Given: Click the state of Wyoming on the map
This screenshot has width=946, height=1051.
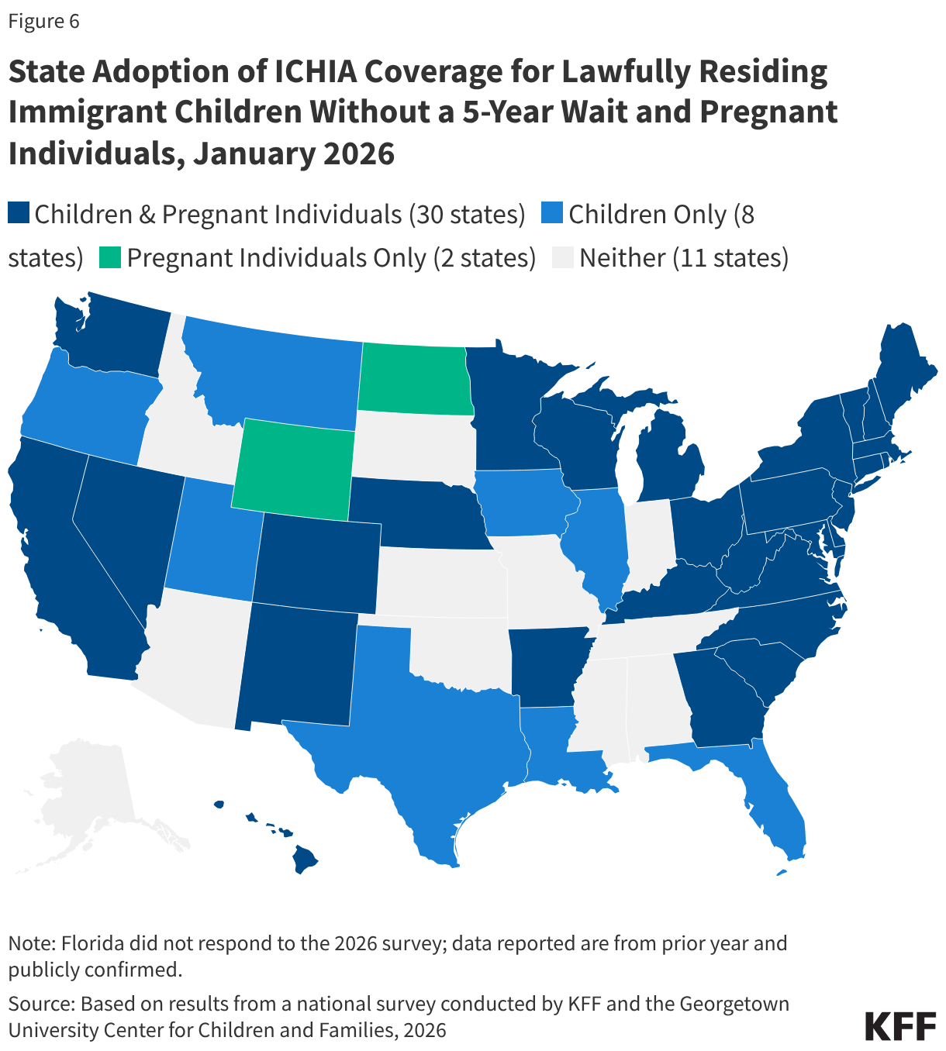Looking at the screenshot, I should (293, 469).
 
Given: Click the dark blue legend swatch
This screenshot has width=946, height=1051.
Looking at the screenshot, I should (19, 213).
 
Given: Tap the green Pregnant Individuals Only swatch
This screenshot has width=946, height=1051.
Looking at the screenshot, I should (110, 257).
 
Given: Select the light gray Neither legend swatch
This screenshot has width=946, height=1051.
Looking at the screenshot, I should (562, 257).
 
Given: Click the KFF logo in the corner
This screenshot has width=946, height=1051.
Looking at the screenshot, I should (899, 1025).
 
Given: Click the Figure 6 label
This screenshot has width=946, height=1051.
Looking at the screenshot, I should (43, 21).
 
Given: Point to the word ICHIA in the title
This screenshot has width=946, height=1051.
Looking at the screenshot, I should (315, 71).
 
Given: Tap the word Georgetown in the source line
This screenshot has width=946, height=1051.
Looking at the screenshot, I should (734, 1004).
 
